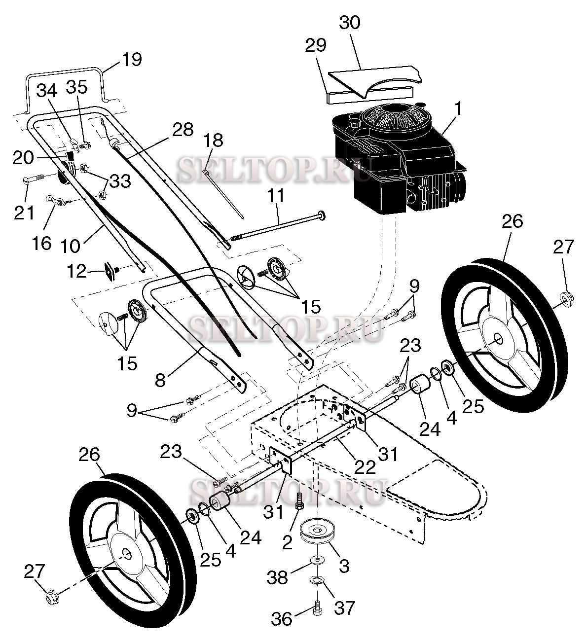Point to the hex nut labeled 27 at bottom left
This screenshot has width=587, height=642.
click(x=50, y=598)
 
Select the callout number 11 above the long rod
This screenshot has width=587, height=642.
click(x=276, y=196)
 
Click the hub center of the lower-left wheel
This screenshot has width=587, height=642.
click(x=128, y=555)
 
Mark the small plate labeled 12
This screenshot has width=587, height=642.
click(x=110, y=271)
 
